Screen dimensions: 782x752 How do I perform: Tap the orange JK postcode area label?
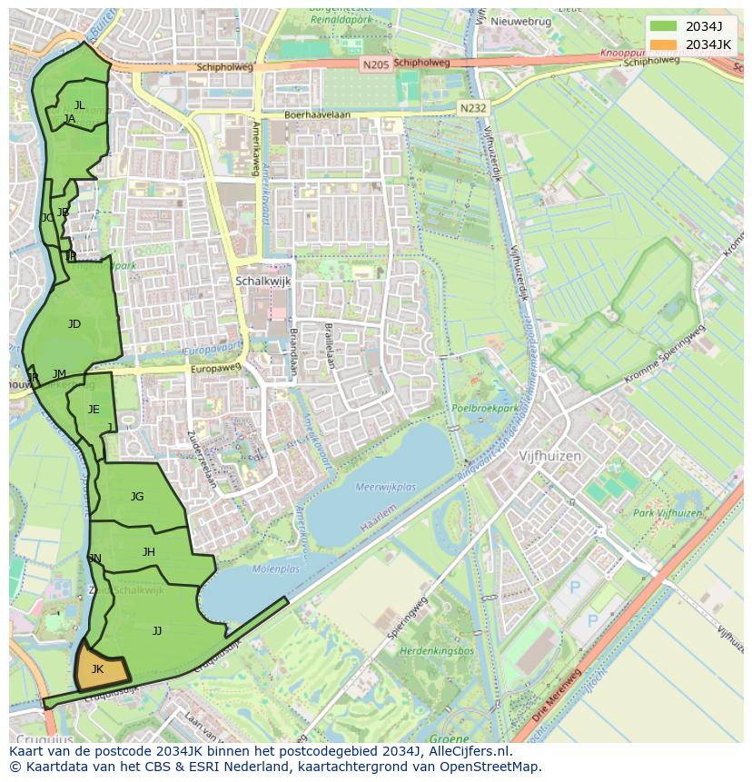click(x=97, y=669)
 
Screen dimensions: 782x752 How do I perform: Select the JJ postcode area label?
click(x=157, y=630)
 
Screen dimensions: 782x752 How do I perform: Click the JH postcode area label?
click(x=149, y=552)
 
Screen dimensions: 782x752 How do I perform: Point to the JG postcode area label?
click(x=137, y=496)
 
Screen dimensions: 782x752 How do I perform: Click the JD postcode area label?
click(x=74, y=324)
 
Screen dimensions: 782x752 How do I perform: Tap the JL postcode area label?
click(x=80, y=105)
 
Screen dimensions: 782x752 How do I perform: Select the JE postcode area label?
click(x=94, y=410)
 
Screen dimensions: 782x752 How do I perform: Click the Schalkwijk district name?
click(x=262, y=282)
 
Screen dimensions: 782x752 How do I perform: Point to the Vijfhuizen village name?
click(x=549, y=457)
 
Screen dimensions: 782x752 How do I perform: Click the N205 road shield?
click(x=373, y=64)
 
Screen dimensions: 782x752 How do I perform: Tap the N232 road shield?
click(x=472, y=108)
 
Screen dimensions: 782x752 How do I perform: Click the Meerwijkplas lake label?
click(x=386, y=488)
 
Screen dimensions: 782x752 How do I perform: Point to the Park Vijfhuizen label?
click(x=668, y=513)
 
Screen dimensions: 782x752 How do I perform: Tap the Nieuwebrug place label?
click(x=520, y=21)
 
